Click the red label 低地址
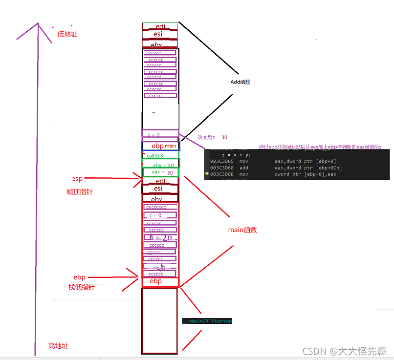pyautogui.click(x=67, y=34)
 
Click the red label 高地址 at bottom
pyautogui.click(x=58, y=346)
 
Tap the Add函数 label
pyautogui.click(x=240, y=82)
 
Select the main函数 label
pyautogui.click(x=242, y=230)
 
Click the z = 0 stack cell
pyautogui.click(x=160, y=134)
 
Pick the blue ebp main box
pyautogui.click(x=161, y=146)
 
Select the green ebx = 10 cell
pyautogui.click(x=161, y=165)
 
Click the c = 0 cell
pyautogui.click(x=160, y=215)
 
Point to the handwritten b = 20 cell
pyautogui.click(x=160, y=237)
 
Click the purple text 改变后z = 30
pyautogui.click(x=212, y=138)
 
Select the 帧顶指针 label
pyautogui.click(x=79, y=192)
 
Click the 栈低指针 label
pyautogui.click(x=81, y=287)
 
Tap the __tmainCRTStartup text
pyautogui.click(x=207, y=321)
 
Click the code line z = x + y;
pyautogui.click(x=237, y=154)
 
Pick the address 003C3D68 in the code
pyautogui.click(x=221, y=167)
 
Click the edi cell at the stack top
pyautogui.click(x=160, y=26)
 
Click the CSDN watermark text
pyautogui.click(x=344, y=351)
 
